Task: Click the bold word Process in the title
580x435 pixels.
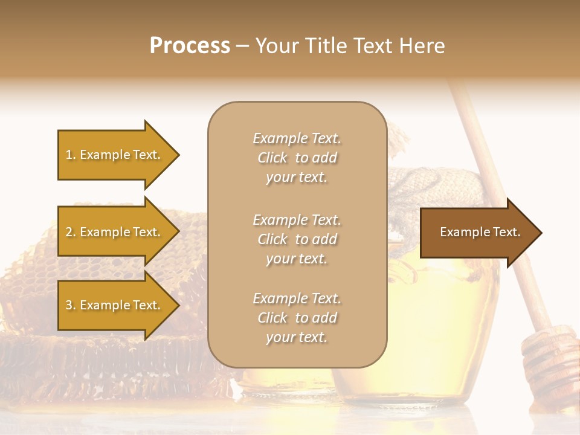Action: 190,46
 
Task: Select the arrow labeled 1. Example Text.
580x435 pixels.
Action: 115,155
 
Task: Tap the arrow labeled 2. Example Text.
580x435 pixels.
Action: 115,232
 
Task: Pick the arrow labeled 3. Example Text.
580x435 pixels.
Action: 115,305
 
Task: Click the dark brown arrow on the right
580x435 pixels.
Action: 477,233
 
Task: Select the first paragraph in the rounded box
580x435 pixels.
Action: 297,158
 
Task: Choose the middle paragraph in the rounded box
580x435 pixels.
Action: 297,239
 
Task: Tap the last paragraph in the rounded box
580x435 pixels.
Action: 297,318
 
